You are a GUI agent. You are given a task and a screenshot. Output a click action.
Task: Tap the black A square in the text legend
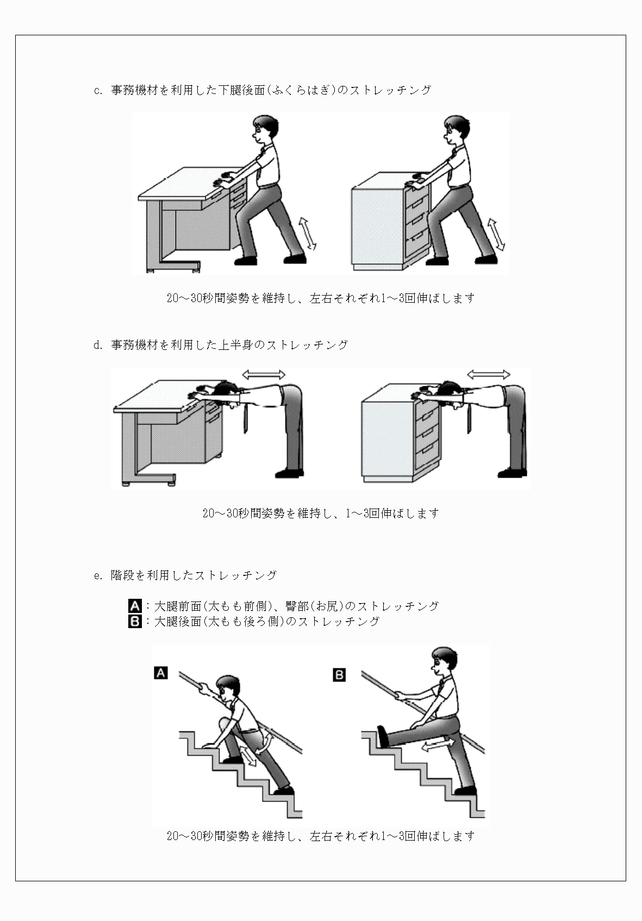[x=135, y=606]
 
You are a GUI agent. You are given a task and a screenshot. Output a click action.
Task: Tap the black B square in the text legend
[x=135, y=621]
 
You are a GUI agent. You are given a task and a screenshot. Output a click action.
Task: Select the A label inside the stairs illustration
[x=160, y=673]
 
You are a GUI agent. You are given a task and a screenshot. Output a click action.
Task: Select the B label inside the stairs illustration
[x=339, y=675]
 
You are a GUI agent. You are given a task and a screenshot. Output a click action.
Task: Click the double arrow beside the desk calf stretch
[x=308, y=233]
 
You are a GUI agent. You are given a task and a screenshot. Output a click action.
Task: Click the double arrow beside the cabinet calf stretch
[x=495, y=234]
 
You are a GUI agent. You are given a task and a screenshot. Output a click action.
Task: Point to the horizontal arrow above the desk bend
[x=264, y=374]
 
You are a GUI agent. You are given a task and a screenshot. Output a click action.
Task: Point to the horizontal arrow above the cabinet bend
[x=489, y=374]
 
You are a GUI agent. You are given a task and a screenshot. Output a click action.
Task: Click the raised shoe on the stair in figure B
[x=383, y=736]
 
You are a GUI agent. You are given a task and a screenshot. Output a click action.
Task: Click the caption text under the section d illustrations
[x=321, y=513]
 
